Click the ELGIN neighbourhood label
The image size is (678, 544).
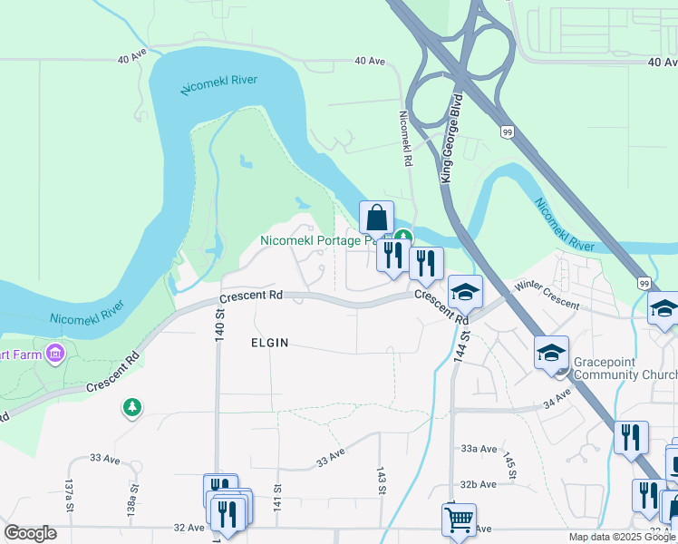(x=269, y=343)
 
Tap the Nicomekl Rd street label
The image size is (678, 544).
(x=406, y=138)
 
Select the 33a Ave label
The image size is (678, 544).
(x=479, y=449)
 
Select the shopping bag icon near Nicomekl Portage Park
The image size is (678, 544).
(x=376, y=219)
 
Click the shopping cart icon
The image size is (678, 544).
(x=459, y=520)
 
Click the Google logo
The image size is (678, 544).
(x=31, y=533)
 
